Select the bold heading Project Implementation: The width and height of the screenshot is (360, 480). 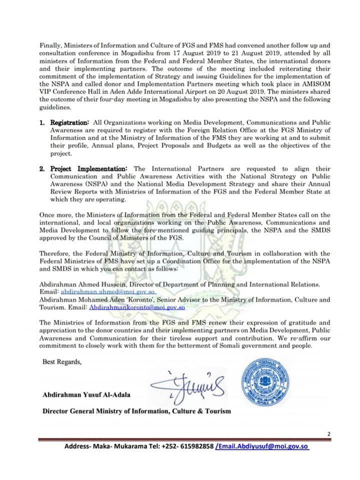[x=89, y=169]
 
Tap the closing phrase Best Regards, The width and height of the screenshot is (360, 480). [x=61, y=362]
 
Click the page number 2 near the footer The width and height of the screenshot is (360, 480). [x=328, y=433]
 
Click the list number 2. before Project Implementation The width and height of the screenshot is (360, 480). [x=43, y=169]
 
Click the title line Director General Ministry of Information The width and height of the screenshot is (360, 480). [x=136, y=411]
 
